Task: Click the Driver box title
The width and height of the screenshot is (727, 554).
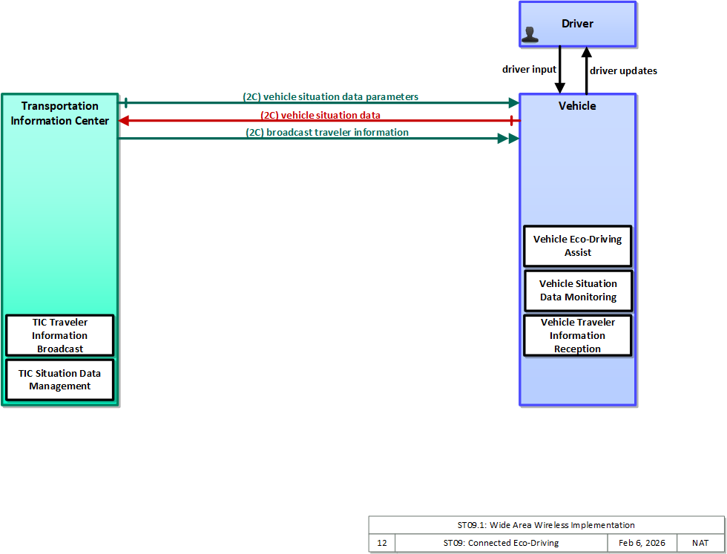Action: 577,24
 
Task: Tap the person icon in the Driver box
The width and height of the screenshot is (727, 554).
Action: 530,35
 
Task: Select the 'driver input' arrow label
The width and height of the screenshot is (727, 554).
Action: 529,70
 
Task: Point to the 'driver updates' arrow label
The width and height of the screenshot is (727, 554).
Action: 623,71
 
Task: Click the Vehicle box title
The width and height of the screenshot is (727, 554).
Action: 577,106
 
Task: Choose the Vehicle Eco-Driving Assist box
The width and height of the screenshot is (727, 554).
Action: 578,246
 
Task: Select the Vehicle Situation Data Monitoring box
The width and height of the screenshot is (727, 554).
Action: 578,291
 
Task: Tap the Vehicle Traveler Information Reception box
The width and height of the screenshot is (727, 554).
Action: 578,336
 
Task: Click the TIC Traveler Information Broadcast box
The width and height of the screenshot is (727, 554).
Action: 60,336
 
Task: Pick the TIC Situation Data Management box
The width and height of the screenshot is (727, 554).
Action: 60,380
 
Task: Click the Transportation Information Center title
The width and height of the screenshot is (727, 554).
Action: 60,113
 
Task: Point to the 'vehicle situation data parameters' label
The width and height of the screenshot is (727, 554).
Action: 331,97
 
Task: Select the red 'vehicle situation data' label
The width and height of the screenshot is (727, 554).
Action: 320,115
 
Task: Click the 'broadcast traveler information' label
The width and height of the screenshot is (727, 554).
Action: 327,133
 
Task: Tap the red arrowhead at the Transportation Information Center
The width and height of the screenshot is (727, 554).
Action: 124,121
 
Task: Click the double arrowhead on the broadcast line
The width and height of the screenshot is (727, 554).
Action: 508,139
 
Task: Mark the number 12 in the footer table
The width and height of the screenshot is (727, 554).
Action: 382,543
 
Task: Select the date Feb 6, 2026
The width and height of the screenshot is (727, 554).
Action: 642,543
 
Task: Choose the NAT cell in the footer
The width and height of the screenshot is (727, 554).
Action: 700,543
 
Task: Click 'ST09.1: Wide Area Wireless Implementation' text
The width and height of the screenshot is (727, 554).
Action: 546,525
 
